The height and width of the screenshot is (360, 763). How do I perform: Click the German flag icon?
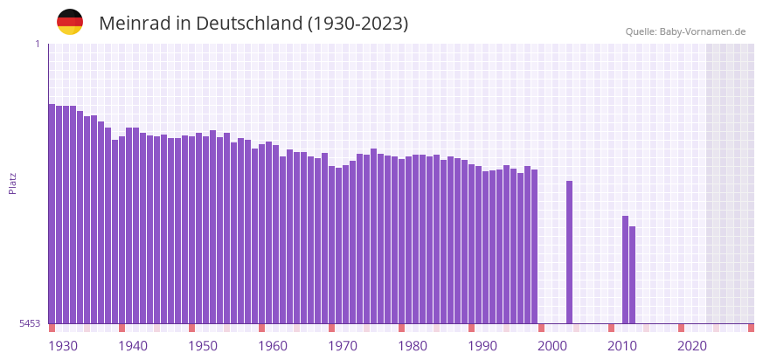(x=70, y=22)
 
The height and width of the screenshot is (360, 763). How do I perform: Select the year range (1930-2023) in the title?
(x=358, y=24)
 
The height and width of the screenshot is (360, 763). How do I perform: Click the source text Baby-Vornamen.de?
(x=703, y=31)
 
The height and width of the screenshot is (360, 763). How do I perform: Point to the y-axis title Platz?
(x=12, y=183)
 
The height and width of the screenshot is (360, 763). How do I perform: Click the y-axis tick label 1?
(x=37, y=44)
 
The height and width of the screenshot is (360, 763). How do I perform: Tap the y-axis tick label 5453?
(x=30, y=323)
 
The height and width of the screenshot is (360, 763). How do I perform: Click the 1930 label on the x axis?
(x=63, y=346)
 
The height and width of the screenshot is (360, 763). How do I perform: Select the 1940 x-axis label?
(x=133, y=346)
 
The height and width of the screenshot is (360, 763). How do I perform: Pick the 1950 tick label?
(x=203, y=346)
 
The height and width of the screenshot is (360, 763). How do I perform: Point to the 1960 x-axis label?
(x=273, y=346)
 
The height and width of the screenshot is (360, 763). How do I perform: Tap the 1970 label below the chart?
(x=343, y=346)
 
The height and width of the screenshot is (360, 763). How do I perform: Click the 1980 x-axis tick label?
(x=413, y=346)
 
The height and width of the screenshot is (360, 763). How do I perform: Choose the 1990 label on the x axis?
(x=482, y=346)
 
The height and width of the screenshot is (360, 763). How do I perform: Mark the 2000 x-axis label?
(x=552, y=346)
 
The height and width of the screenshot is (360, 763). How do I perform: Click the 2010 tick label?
(x=622, y=346)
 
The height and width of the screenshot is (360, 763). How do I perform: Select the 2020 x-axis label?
(x=692, y=346)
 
